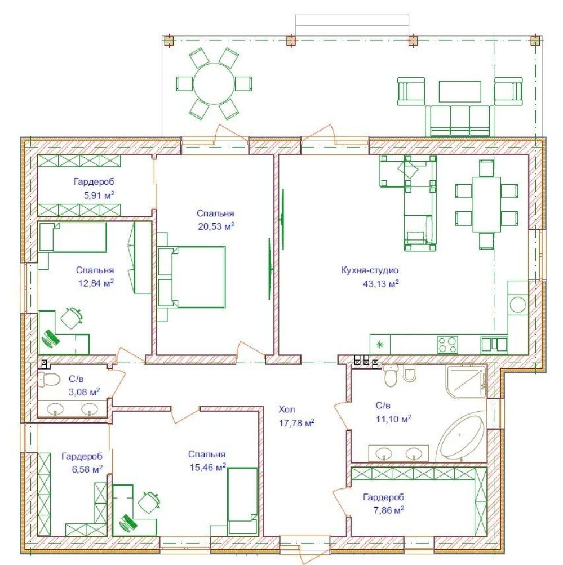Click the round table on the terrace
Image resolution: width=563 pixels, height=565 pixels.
(214, 83)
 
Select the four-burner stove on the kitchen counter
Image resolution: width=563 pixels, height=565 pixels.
(447, 345)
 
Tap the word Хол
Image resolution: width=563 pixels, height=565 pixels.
(287, 410)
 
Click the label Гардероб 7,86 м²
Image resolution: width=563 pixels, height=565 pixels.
(383, 504)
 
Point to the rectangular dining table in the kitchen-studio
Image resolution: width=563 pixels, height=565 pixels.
(486, 204)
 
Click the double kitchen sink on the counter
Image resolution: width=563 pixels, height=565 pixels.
(494, 345)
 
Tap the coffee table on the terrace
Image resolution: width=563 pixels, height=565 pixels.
(459, 91)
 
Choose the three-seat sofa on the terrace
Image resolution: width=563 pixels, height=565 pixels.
(459, 121)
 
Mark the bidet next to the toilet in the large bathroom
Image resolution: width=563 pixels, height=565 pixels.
(410, 373)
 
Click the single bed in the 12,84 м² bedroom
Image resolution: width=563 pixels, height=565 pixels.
(73, 237)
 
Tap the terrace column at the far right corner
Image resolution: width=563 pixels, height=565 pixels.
(535, 41)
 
